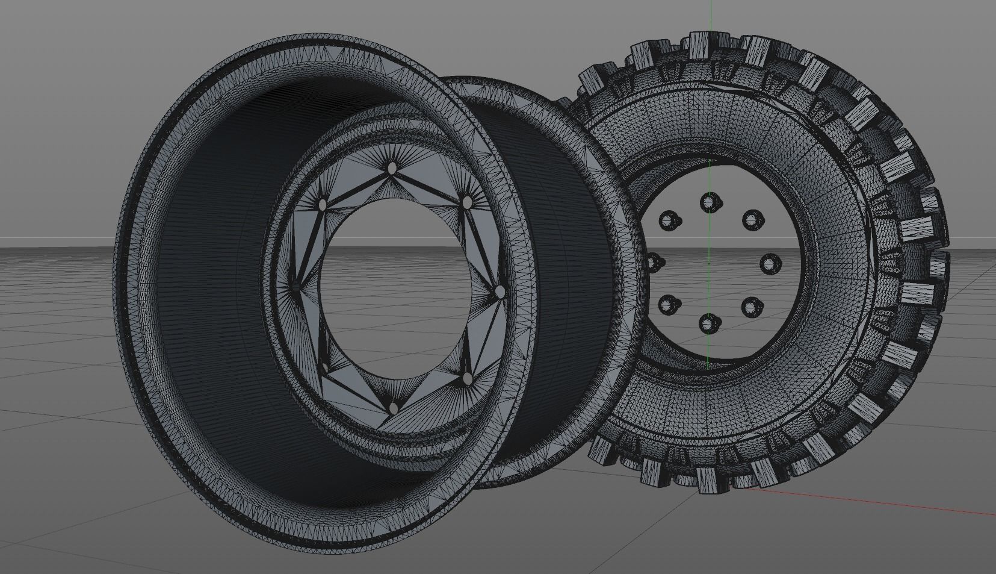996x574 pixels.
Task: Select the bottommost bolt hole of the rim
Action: pos(393,408)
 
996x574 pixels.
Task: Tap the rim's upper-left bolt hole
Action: pos(323,205)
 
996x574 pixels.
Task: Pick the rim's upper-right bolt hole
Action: pos(466,203)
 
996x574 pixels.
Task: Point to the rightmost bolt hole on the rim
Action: pos(500,292)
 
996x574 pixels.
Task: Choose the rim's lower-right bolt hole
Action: pos(468,378)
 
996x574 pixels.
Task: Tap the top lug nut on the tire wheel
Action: pos(710,202)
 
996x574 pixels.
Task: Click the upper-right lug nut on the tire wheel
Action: pos(751,220)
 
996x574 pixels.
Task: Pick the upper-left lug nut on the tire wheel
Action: pos(668,220)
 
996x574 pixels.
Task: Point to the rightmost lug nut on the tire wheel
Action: pos(770,263)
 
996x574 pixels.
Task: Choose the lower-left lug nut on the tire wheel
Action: pos(667,304)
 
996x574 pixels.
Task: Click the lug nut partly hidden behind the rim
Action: pos(652,262)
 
